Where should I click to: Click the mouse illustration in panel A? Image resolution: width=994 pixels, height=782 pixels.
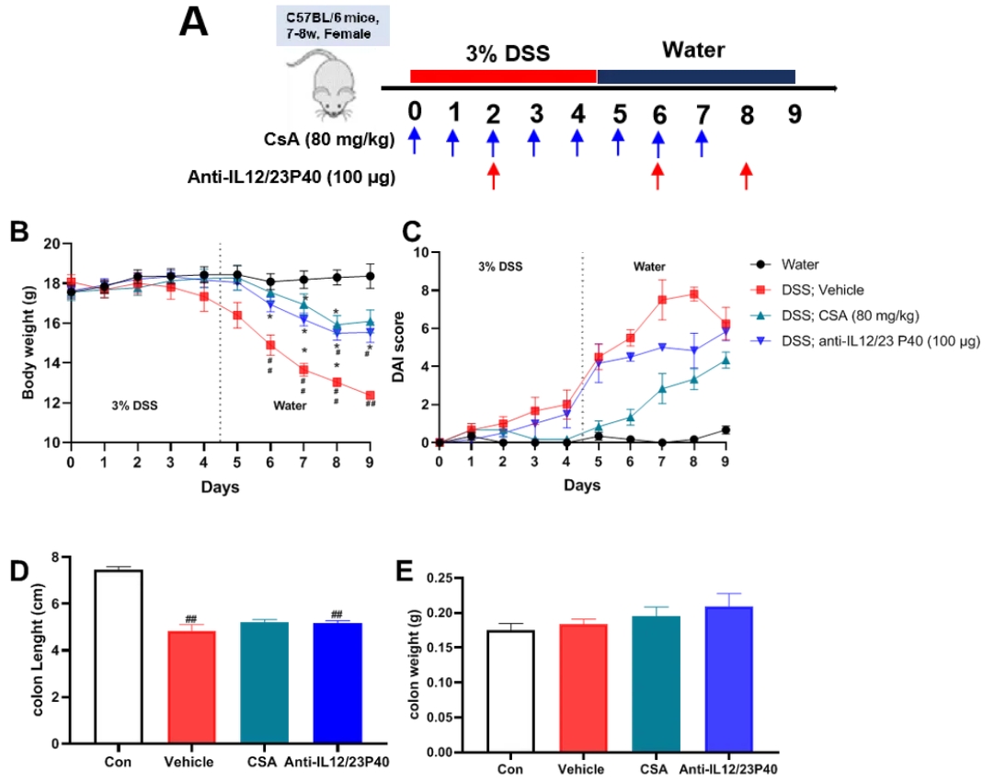[x=325, y=83]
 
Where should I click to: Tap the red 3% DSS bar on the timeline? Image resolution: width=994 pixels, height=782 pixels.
[x=503, y=75]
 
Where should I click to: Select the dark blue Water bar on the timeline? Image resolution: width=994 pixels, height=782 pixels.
[x=696, y=75]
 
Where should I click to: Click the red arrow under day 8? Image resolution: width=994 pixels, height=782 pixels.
[x=746, y=177]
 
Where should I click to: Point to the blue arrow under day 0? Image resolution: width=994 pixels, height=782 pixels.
[x=415, y=141]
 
